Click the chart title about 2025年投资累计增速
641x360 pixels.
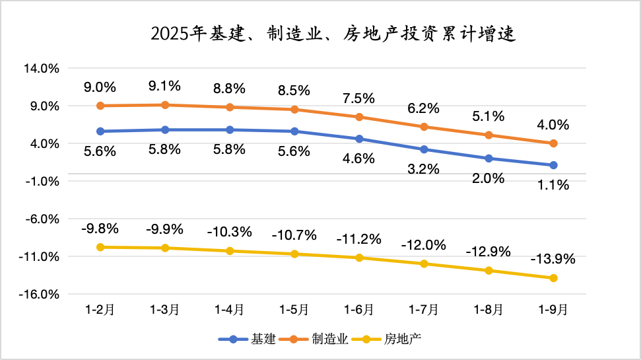coord(333,34)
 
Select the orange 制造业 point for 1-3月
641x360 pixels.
coord(165,105)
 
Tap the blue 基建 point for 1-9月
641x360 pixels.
coord(553,165)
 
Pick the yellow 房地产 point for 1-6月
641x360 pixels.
coord(359,258)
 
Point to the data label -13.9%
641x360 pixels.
coord(553,259)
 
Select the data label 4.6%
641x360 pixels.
coord(358,159)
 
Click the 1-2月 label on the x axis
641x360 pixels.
coord(100,309)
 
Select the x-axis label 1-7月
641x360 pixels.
coord(424,309)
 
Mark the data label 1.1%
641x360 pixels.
coord(553,186)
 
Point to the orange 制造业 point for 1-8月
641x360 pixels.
coord(489,135)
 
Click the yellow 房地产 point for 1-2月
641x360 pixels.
coord(100,247)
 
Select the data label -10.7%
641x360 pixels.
coord(294,234)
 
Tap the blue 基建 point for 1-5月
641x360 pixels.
coord(294,131)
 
